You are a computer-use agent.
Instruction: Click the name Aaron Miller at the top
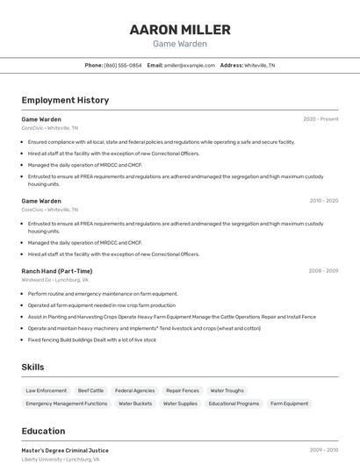tap(180, 30)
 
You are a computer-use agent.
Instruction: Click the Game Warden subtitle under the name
tap(180, 44)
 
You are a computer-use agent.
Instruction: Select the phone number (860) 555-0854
tap(122, 65)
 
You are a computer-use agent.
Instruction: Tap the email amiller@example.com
tap(189, 65)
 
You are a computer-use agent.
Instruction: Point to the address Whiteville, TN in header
tap(259, 65)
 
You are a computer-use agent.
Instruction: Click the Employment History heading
tap(65, 100)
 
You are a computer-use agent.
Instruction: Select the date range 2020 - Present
tap(320, 118)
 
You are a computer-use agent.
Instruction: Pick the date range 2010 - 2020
tap(323, 201)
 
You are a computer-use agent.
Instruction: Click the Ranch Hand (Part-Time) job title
tap(57, 271)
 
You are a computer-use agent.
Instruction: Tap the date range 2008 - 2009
tap(323, 271)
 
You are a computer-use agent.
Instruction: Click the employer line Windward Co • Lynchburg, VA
tap(54, 280)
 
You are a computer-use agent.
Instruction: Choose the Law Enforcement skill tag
tap(47, 390)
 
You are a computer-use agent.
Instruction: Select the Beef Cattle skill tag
tap(90, 390)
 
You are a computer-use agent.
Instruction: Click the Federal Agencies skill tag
tap(134, 390)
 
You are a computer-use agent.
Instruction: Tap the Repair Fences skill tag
tap(183, 390)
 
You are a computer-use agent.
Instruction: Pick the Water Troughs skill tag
tap(227, 390)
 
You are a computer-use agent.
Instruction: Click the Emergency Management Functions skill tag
tap(67, 404)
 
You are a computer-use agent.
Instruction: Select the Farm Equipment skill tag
tap(289, 404)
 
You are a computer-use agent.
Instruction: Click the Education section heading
tap(43, 431)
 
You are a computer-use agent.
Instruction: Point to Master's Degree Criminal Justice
tap(65, 450)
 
